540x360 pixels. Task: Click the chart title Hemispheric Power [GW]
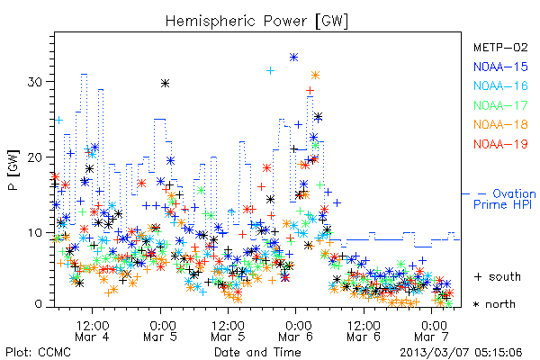pyautogui.click(x=256, y=21)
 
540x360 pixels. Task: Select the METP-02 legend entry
pyautogui.click(x=500, y=47)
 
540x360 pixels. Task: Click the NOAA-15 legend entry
pyautogui.click(x=500, y=67)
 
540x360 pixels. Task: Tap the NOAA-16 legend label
pyautogui.click(x=500, y=85)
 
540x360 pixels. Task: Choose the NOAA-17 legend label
pyautogui.click(x=500, y=105)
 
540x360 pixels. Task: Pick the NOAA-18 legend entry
pyautogui.click(x=500, y=124)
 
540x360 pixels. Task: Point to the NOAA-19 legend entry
pyautogui.click(x=500, y=144)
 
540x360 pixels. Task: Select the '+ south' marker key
pyautogui.click(x=498, y=276)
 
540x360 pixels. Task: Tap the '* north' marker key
pyautogui.click(x=494, y=304)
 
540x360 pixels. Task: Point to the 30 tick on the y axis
pyautogui.click(x=35, y=82)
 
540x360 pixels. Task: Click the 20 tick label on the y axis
pyautogui.click(x=35, y=157)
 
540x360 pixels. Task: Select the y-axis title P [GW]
pyautogui.click(x=13, y=169)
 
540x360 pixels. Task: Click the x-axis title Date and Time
pyautogui.click(x=257, y=352)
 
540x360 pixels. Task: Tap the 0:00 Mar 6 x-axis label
pyautogui.click(x=296, y=330)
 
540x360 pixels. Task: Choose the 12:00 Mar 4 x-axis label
pyautogui.click(x=93, y=330)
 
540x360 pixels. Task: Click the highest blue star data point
pyautogui.click(x=293, y=58)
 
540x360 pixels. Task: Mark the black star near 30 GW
pyautogui.click(x=166, y=83)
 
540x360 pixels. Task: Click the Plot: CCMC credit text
pyautogui.click(x=38, y=352)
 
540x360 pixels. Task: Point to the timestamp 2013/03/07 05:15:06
pyautogui.click(x=461, y=353)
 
